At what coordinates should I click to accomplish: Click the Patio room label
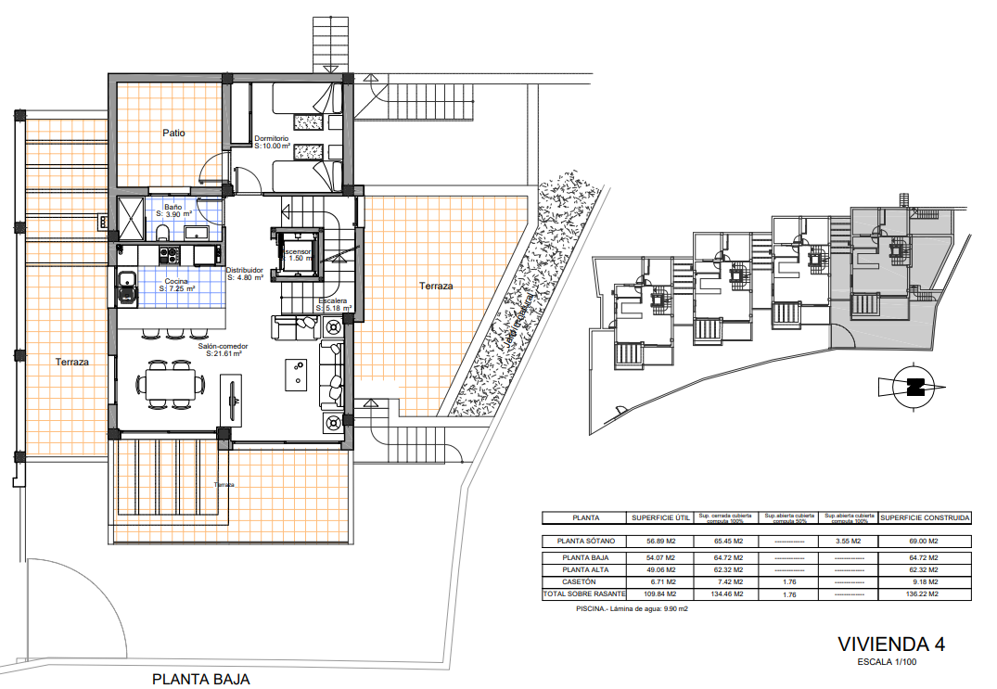tap(173, 133)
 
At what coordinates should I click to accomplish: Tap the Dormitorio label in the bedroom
tap(273, 138)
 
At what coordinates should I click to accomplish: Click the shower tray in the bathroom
tap(130, 218)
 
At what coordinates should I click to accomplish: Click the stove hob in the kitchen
tap(169, 252)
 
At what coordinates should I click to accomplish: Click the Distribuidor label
tap(246, 271)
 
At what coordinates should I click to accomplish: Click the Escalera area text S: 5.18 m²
tap(333, 309)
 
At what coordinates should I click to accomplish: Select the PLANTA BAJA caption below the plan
tap(201, 679)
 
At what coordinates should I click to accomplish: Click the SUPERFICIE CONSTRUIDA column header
tap(925, 517)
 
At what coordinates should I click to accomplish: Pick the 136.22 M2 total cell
tap(925, 593)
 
